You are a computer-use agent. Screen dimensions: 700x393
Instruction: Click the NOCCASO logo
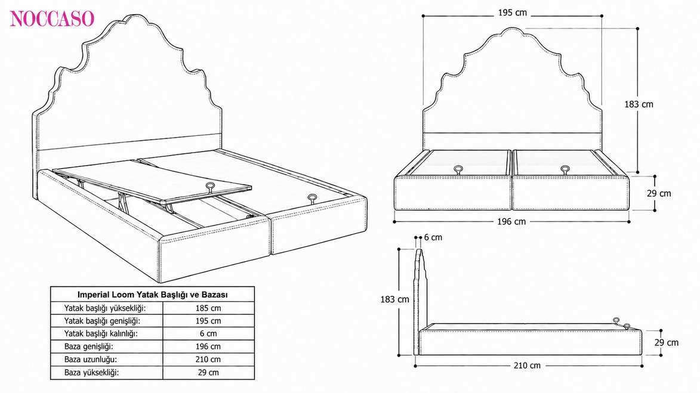pyautogui.click(x=52, y=18)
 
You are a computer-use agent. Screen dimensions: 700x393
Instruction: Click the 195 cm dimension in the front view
pyautogui.click(x=513, y=13)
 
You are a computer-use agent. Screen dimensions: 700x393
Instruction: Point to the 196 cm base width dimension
pyautogui.click(x=511, y=221)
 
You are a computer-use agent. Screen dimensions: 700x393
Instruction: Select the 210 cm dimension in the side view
pyautogui.click(x=527, y=366)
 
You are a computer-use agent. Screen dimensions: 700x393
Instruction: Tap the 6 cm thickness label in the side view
pyautogui.click(x=433, y=237)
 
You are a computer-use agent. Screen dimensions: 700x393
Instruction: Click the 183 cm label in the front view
pyautogui.click(x=639, y=104)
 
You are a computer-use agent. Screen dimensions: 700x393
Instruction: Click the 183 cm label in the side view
pyautogui.click(x=394, y=299)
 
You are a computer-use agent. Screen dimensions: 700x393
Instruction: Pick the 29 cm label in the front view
pyautogui.click(x=659, y=193)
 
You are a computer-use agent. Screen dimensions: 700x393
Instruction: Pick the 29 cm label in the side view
pyautogui.click(x=667, y=342)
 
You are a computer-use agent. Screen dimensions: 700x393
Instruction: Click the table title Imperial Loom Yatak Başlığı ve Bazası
pyautogui.click(x=153, y=295)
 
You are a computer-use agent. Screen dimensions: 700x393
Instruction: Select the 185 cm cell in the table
pyautogui.click(x=208, y=308)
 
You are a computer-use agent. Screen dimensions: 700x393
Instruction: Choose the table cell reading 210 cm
pyautogui.click(x=208, y=359)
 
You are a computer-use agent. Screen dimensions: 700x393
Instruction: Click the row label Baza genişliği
pyautogui.click(x=88, y=346)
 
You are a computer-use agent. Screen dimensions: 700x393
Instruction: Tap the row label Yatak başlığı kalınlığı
pyautogui.click(x=100, y=333)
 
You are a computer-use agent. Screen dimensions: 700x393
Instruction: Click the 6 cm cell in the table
pyautogui.click(x=208, y=333)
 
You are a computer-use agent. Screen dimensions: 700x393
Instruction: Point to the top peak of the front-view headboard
pyautogui.click(x=512, y=27)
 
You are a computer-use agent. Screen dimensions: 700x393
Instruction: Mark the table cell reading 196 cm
pyautogui.click(x=208, y=346)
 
